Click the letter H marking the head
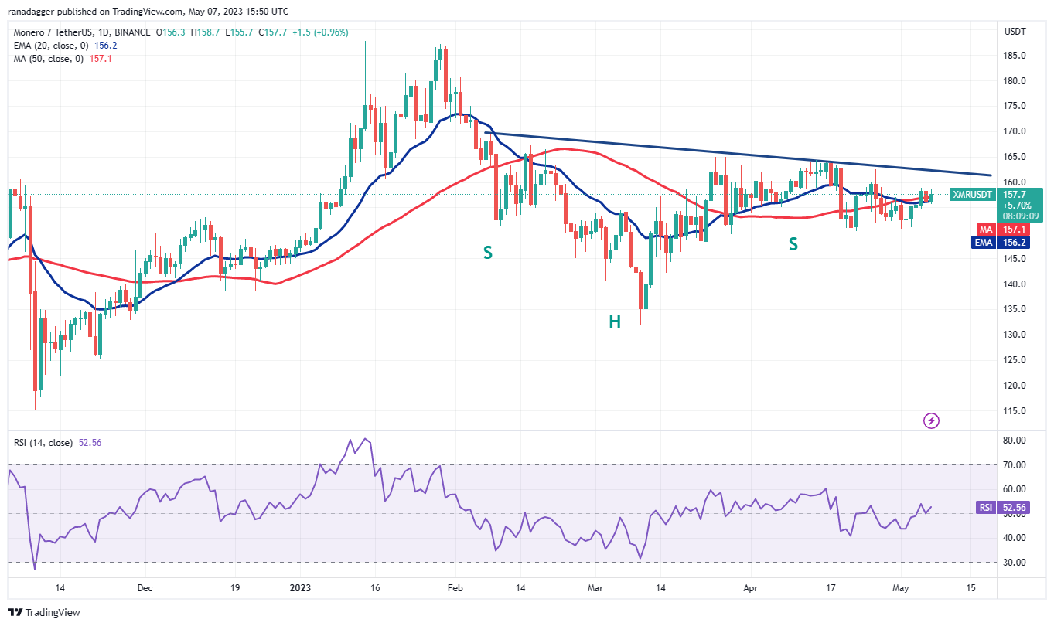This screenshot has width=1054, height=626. [614, 322]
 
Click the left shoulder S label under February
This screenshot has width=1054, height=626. [487, 252]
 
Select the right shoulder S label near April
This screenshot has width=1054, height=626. [793, 244]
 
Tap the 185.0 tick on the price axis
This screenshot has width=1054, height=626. [1015, 56]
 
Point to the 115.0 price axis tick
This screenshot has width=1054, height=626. [1015, 410]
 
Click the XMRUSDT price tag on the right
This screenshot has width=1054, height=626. [973, 195]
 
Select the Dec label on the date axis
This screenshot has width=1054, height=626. [145, 588]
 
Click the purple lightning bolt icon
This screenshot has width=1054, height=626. [932, 420]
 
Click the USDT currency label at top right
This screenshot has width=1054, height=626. [1015, 32]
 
